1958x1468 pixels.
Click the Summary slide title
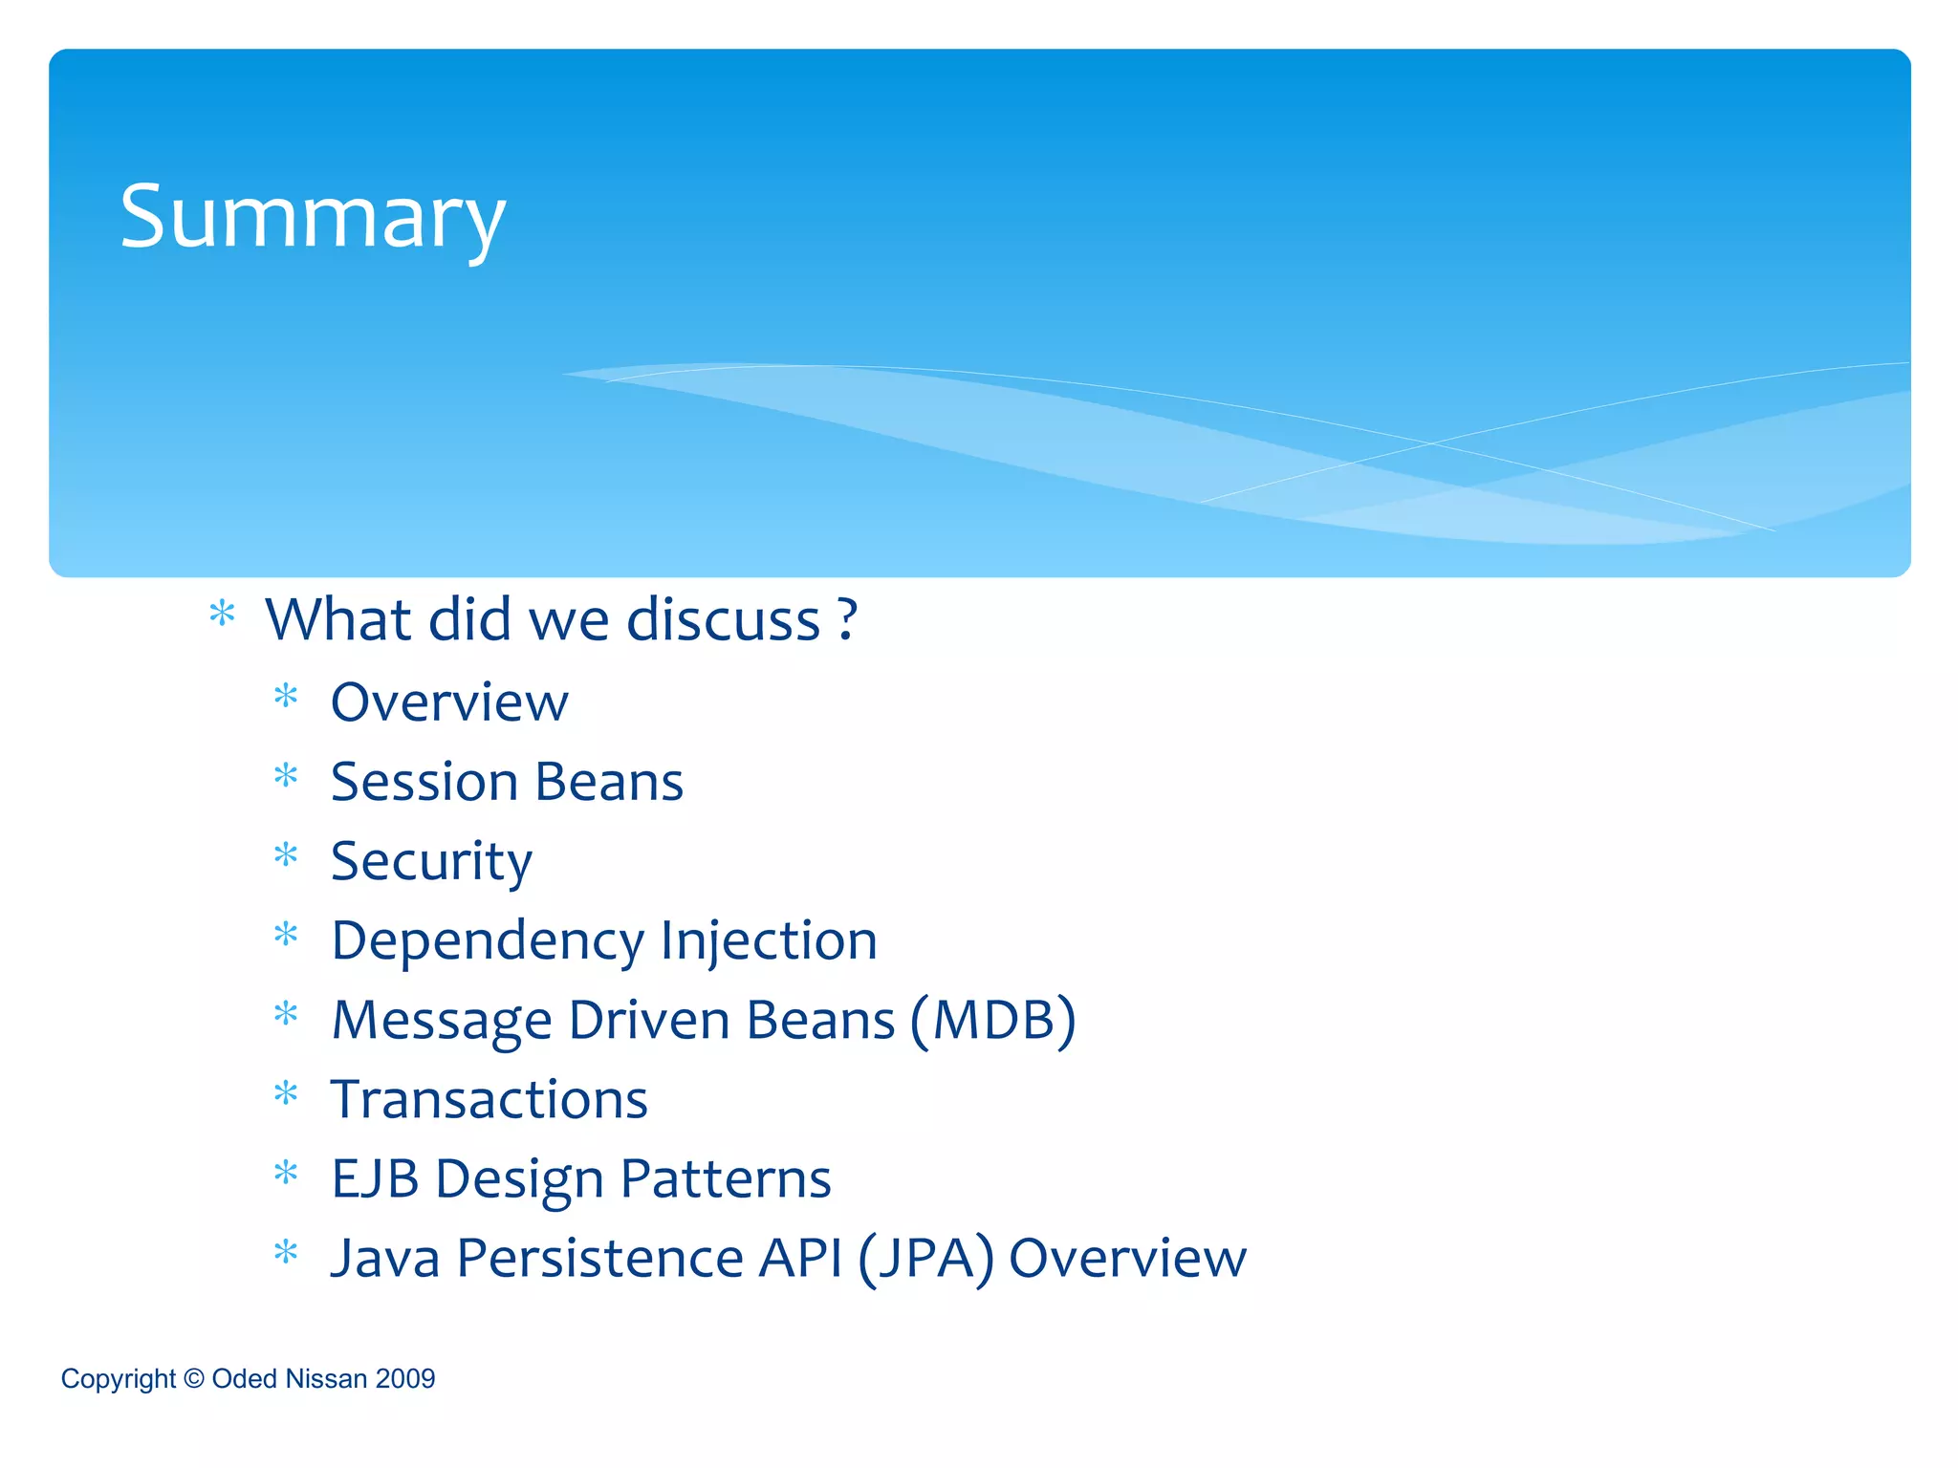tap(312, 218)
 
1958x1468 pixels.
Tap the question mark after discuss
tap(847, 620)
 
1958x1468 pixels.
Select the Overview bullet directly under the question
tap(449, 703)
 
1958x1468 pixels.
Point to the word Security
tap(431, 862)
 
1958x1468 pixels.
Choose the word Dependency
tap(488, 941)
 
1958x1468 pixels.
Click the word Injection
tap(769, 941)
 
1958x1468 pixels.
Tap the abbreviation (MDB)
tap(992, 1021)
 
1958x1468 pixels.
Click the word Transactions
tap(489, 1100)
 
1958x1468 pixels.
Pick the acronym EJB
tap(375, 1179)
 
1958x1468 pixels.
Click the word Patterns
tap(726, 1179)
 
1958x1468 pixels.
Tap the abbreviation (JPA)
tap(925, 1259)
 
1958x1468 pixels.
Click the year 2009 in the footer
tap(405, 1379)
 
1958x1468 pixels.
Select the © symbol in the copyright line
tap(193, 1379)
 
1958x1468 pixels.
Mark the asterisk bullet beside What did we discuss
tap(222, 614)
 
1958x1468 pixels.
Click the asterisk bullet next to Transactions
tap(286, 1093)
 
